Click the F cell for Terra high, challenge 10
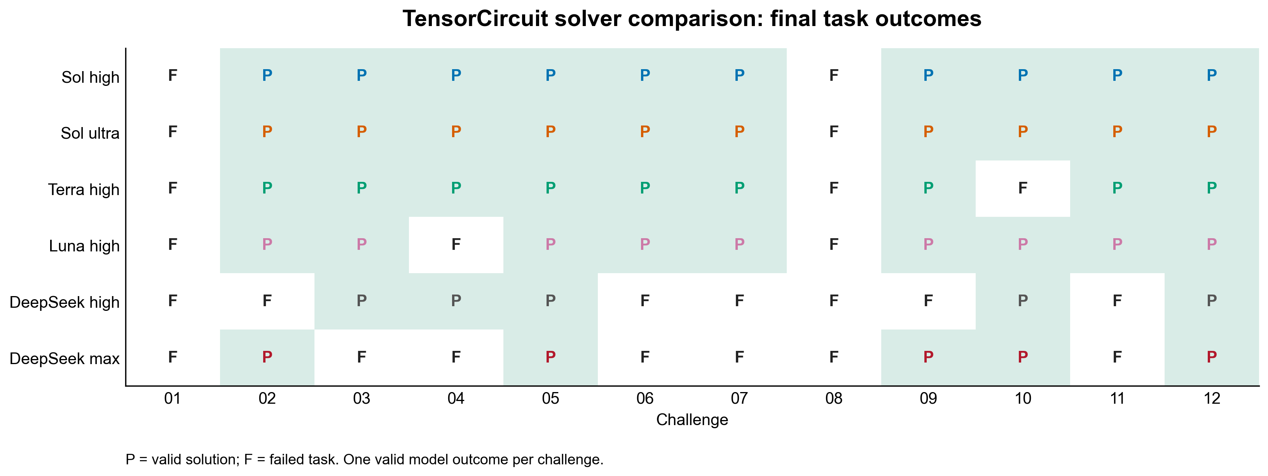pos(1022,188)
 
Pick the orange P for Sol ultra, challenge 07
pos(739,131)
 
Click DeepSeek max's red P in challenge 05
pos(550,357)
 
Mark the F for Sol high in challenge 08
pos(833,75)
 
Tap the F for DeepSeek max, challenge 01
pos(172,357)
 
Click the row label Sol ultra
pos(90,133)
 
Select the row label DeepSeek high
pos(65,302)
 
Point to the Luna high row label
pos(84,246)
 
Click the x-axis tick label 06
pos(645,398)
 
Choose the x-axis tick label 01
pos(172,398)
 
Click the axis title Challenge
pos(692,420)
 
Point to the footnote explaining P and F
pos(364,460)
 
